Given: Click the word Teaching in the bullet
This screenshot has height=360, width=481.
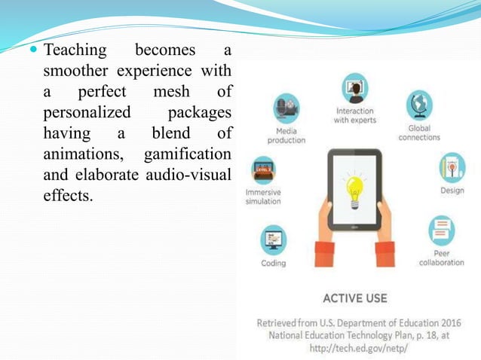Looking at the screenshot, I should click(73, 51).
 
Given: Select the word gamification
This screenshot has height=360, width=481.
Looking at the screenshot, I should click(191, 156).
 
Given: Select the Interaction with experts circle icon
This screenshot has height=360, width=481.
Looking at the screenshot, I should click(354, 88).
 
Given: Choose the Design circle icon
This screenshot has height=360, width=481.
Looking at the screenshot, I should click(452, 167).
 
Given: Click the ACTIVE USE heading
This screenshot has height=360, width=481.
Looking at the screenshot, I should click(354, 298).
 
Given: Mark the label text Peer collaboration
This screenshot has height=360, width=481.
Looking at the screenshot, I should click(441, 258).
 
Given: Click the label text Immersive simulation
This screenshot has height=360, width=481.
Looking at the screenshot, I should click(263, 197).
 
